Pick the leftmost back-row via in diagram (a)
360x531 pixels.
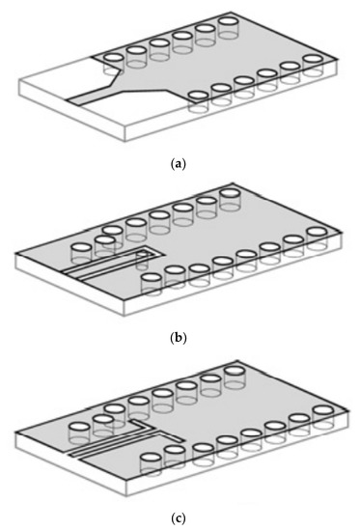tap(113, 58)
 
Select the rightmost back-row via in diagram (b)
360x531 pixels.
tap(229, 194)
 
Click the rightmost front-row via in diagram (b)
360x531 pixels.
tap(314, 233)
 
